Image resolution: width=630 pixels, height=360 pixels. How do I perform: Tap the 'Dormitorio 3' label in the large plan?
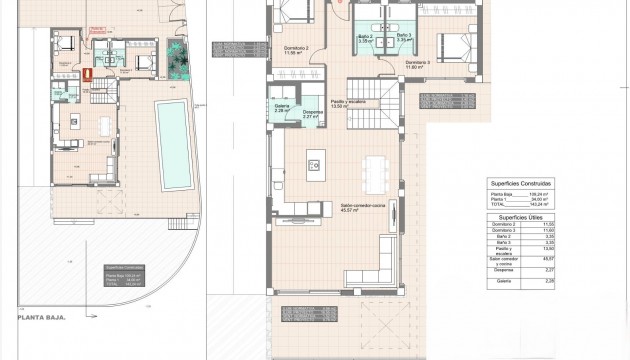(x=418, y=62)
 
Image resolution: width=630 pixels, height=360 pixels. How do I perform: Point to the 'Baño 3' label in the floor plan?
(x=402, y=37)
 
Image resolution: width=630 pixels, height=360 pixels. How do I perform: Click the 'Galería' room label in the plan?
(x=281, y=105)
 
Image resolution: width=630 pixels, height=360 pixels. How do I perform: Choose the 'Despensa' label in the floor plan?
(x=312, y=111)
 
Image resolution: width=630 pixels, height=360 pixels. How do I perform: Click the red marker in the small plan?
(x=86, y=72)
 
